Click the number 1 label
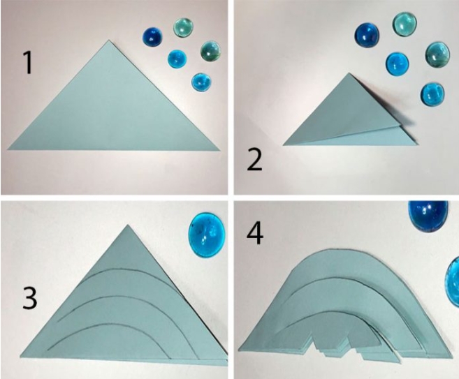pyautogui.click(x=28, y=63)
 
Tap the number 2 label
pyautogui.click(x=254, y=160)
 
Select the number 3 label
pyautogui.click(x=30, y=298)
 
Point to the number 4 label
pyautogui.click(x=255, y=234)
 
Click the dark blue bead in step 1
pyautogui.click(x=152, y=37)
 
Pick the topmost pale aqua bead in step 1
pyautogui.click(x=183, y=27)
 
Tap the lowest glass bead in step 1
pyautogui.click(x=201, y=82)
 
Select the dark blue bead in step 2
pyautogui.click(x=367, y=35)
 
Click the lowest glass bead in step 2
pyautogui.click(x=432, y=94)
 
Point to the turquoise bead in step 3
pyautogui.click(x=207, y=235)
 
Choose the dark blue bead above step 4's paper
pyautogui.click(x=428, y=216)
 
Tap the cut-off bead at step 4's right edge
pyautogui.click(x=452, y=282)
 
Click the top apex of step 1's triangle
pyautogui.click(x=109, y=40)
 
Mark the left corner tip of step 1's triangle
pyautogui.click(x=8, y=149)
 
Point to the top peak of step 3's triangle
pyautogui.click(x=128, y=225)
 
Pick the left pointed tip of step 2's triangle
pyautogui.click(x=284, y=144)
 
